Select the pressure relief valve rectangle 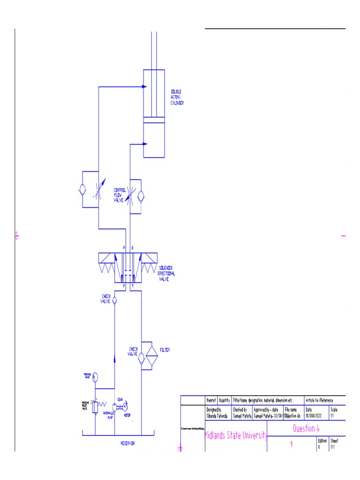95,407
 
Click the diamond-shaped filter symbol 150,356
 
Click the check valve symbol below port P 115,299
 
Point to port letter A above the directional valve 124,247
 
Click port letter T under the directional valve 132,285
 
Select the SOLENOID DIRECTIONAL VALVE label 167,273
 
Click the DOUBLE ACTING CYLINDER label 177,97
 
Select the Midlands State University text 236,436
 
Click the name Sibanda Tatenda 217,415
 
